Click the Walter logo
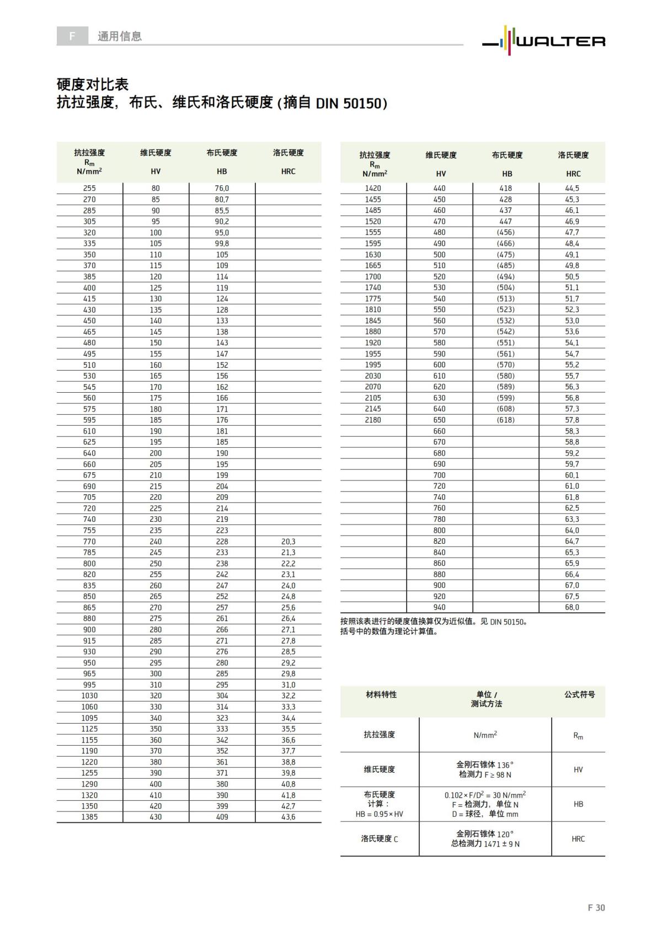tap(544, 40)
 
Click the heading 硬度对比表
tap(93, 84)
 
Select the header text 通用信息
tap(120, 36)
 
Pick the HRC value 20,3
tap(288, 542)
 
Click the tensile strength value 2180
tap(373, 420)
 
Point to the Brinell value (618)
tap(505, 420)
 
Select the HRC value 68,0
tap(572, 607)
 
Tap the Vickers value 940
tap(439, 607)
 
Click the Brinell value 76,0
tap(222, 188)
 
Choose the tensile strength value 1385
tap(89, 817)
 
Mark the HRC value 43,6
tap(288, 817)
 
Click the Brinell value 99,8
tap(222, 243)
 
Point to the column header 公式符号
tap(579, 694)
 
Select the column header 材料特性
tap(381, 694)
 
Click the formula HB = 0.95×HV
tap(380, 814)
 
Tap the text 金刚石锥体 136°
tap(485, 765)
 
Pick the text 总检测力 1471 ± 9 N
tap(485, 843)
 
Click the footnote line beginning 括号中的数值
tap(389, 632)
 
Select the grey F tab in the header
tap(72, 36)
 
